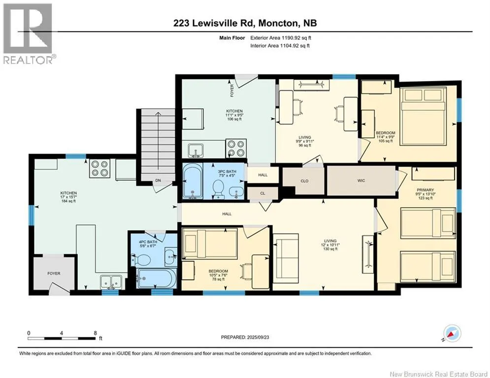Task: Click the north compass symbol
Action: [452, 334]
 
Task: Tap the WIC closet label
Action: [361, 181]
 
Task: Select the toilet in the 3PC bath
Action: [218, 190]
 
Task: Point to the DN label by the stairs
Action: [158, 180]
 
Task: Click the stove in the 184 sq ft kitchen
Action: [99, 168]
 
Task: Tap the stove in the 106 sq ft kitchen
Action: [235, 148]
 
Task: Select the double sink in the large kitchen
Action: [111, 282]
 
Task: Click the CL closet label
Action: [262, 193]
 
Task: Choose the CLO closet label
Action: [304, 181]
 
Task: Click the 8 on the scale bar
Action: [96, 333]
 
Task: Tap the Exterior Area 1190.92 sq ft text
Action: [281, 38]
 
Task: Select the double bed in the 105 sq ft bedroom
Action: [424, 116]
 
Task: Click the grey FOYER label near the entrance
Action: [54, 273]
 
